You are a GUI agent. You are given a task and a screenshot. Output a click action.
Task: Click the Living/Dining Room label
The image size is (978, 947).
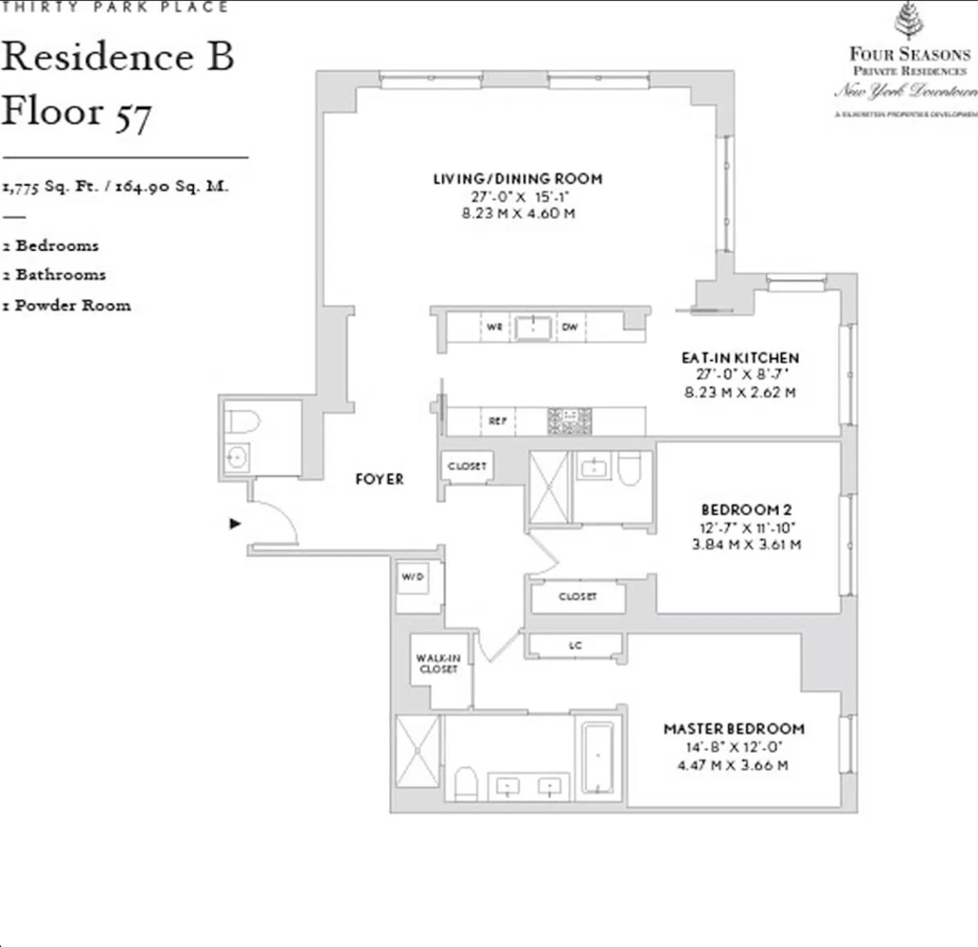517,179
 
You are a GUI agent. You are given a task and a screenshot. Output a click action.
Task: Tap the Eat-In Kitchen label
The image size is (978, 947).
739,358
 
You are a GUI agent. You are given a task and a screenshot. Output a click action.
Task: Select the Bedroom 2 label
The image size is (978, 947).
739,509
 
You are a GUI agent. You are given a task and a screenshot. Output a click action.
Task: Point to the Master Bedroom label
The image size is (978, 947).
734,729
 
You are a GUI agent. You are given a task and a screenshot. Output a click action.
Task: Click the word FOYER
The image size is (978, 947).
379,479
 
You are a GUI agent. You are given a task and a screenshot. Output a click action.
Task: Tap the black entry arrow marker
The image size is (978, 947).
236,523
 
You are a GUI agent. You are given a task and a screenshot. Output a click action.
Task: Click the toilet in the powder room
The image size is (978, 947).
242,421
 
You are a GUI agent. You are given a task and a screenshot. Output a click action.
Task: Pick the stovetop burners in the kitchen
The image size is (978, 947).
570,420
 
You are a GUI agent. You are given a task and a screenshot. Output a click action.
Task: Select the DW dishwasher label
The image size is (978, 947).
569,328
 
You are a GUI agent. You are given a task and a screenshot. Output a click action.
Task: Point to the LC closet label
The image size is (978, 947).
575,646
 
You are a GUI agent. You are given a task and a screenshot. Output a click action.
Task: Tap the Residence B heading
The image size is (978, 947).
116,57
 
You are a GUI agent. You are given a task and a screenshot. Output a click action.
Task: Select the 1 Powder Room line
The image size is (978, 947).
66,306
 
